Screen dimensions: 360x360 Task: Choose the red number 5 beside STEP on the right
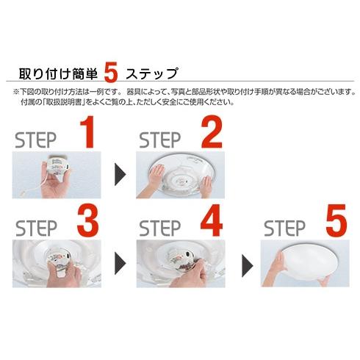(334, 222)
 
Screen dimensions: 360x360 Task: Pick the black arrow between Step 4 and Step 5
(245, 259)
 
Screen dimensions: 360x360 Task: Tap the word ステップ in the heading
(151, 74)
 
